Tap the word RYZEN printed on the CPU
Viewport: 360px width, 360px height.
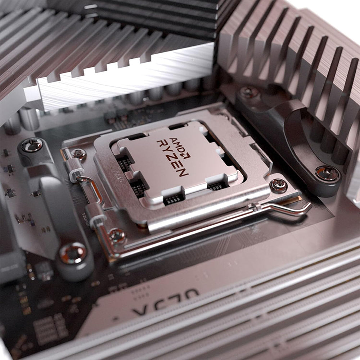(x=172, y=158)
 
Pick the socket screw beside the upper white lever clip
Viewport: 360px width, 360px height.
(x=79, y=154)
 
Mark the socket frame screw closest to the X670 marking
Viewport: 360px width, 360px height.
(x=117, y=236)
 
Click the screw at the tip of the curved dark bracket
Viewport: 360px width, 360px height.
(x=327, y=173)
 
